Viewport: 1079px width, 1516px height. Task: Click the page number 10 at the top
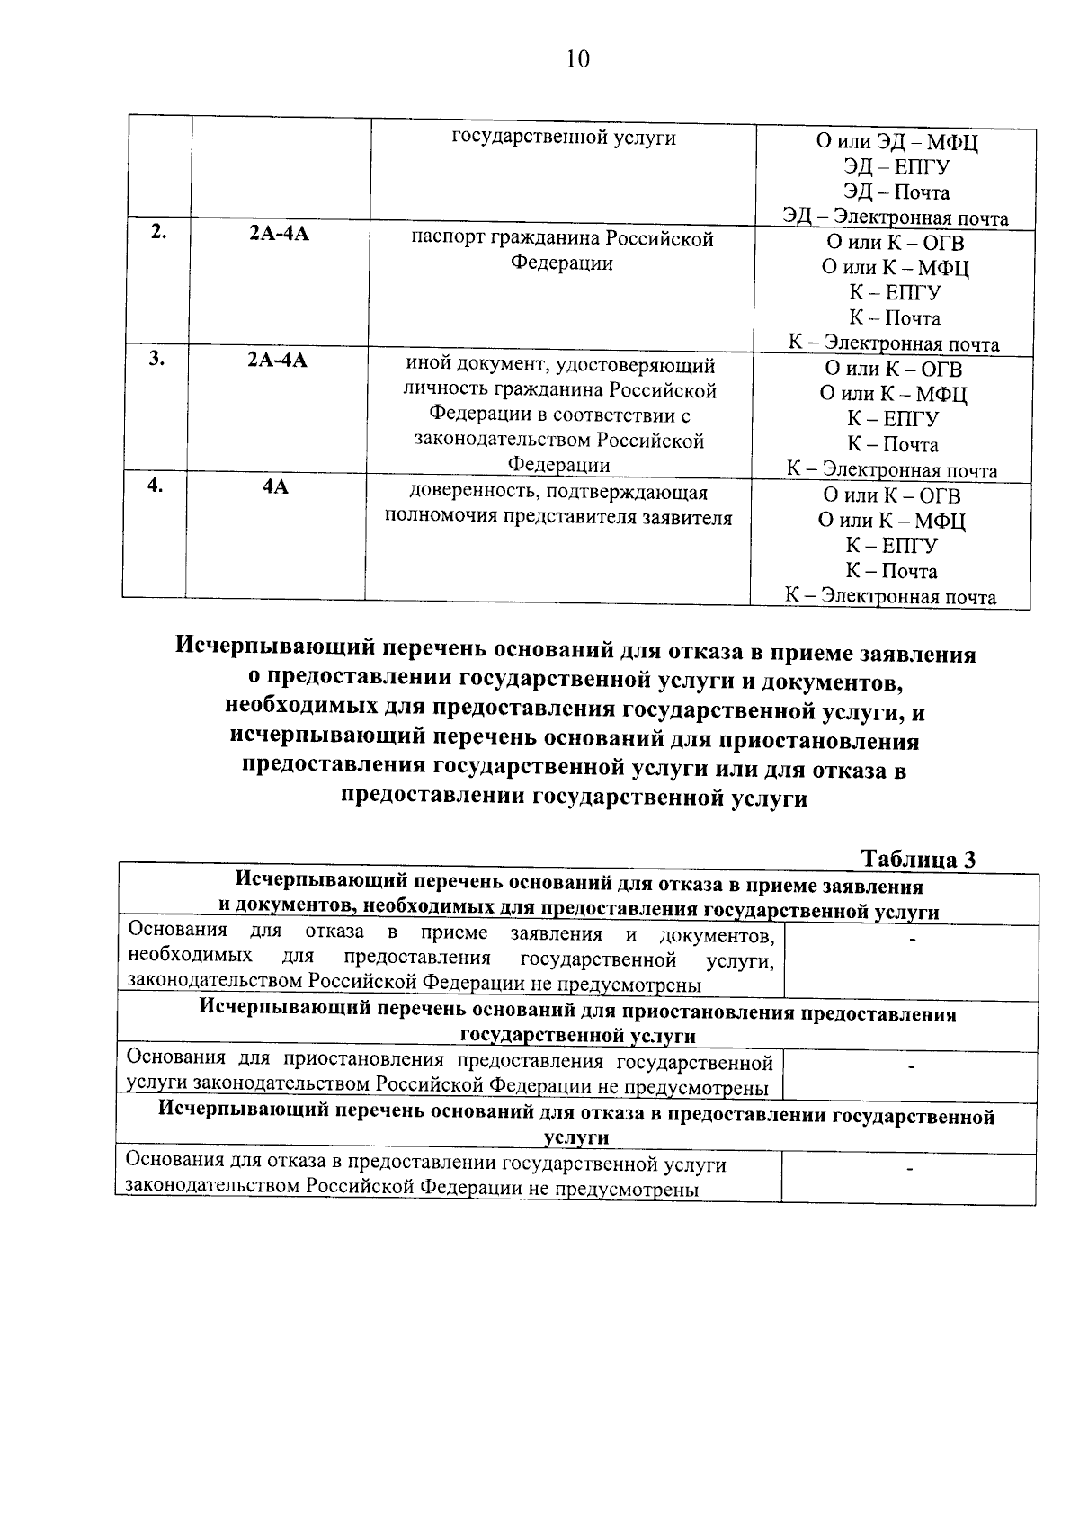tap(577, 59)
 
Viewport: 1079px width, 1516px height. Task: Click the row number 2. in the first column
tap(158, 232)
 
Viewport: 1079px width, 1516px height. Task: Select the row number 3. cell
tap(157, 358)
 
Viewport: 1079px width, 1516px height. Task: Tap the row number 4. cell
tap(156, 485)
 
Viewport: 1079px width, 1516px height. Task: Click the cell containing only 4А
tap(275, 487)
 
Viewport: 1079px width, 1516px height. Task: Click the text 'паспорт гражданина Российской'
tap(562, 239)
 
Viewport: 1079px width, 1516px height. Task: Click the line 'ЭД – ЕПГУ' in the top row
tap(896, 167)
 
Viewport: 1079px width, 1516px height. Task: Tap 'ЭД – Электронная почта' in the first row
tap(895, 218)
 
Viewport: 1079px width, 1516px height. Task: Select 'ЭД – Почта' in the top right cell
tap(896, 192)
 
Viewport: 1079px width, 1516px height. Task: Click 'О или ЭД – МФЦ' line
tap(896, 142)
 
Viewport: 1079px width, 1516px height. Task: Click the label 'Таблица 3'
tap(918, 859)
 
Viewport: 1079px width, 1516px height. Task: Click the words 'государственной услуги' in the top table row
tap(563, 138)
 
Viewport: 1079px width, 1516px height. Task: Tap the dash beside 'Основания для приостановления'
tap(911, 1067)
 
